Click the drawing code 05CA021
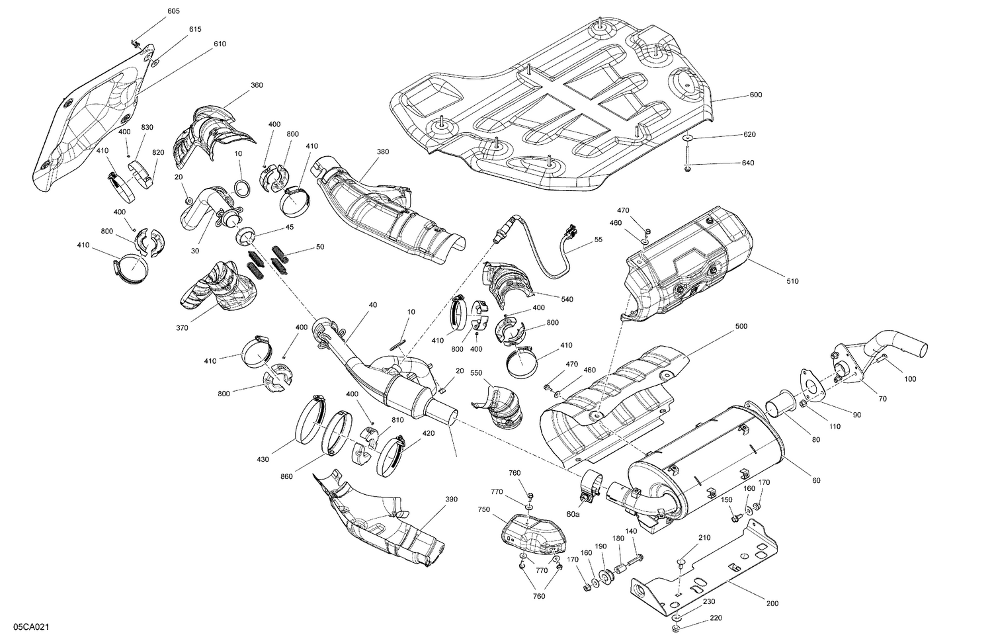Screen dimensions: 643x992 [x=27, y=626]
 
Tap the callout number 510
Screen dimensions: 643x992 [x=792, y=282]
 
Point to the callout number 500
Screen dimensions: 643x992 [x=741, y=327]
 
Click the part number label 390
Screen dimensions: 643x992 [x=450, y=499]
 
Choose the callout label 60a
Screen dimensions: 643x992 [x=572, y=514]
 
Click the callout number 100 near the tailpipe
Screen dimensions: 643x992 [x=910, y=379]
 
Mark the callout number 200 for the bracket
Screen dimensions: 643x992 [x=772, y=603]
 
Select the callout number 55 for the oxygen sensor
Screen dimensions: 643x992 [x=598, y=239]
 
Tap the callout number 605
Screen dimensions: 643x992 [x=173, y=12]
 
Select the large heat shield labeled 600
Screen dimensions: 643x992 [x=556, y=106]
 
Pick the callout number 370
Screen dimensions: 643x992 [x=183, y=327]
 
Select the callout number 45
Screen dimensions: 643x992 [x=289, y=227]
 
